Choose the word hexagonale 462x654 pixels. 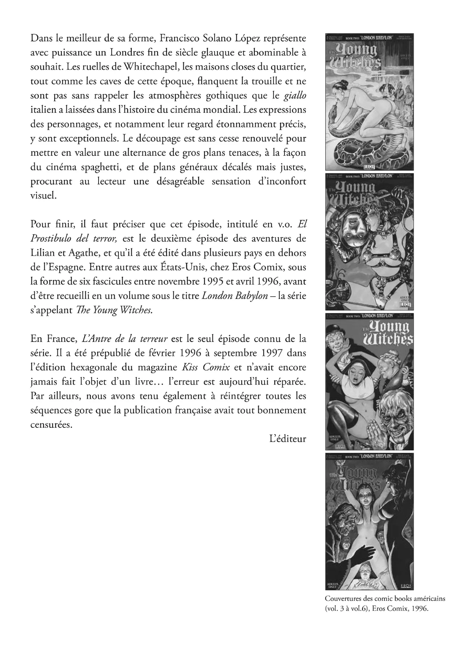coord(106,367)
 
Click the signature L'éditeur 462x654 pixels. coord(288,439)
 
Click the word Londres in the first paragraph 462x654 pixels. coord(125,52)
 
